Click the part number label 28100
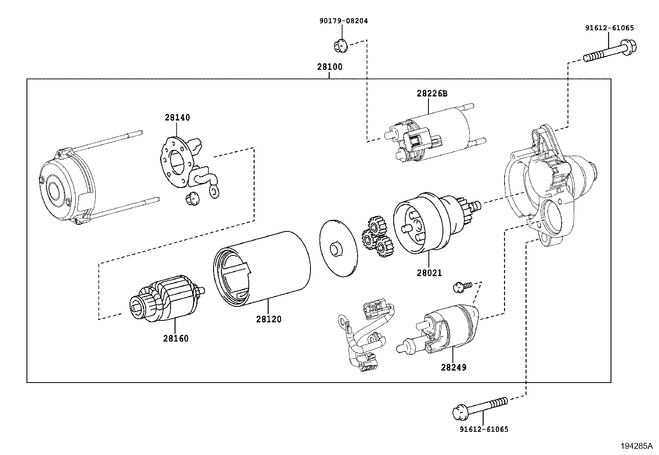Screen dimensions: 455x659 329,67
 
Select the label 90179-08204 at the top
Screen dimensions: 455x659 343,20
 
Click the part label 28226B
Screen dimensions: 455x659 432,94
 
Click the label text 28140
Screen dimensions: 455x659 177,118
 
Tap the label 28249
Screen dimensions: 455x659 453,367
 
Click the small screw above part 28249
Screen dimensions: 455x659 462,285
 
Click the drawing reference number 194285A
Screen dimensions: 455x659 636,446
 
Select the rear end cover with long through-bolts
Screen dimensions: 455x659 68,188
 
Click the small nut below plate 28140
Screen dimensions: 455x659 191,199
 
